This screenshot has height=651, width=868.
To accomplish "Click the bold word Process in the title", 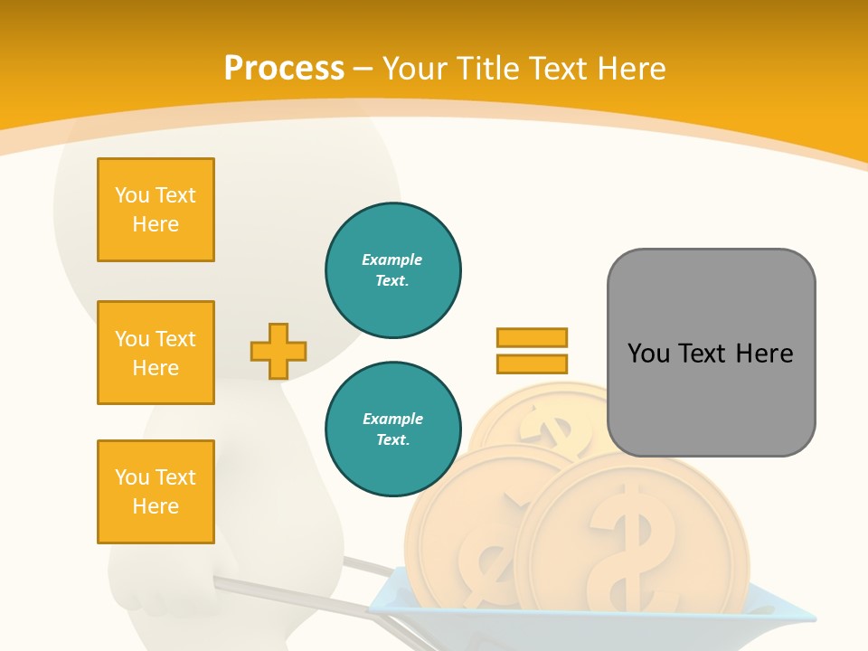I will pyautogui.click(x=284, y=69).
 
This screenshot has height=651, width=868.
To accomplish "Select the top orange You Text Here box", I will pyautogui.click(x=156, y=210).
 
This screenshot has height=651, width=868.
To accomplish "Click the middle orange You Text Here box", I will pyautogui.click(x=156, y=353).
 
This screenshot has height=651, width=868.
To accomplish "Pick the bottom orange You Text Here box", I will pyautogui.click(x=156, y=492).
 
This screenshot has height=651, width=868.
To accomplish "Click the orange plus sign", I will pyautogui.click(x=278, y=351).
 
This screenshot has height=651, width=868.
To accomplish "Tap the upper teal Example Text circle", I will pyautogui.click(x=392, y=270).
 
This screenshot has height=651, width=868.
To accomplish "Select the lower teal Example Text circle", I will pyautogui.click(x=392, y=429).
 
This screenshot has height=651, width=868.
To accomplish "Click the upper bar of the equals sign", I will pyautogui.click(x=532, y=338).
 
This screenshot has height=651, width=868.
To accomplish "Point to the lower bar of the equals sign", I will pyautogui.click(x=532, y=363).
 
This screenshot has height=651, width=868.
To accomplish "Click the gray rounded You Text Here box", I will pyautogui.click(x=711, y=353).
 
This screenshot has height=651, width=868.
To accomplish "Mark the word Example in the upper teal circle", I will pyautogui.click(x=392, y=259).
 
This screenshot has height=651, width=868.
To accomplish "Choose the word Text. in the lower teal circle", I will pyautogui.click(x=392, y=440).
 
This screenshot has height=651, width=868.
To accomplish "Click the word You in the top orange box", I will pyautogui.click(x=132, y=195).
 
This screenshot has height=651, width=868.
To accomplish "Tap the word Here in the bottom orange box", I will pyautogui.click(x=156, y=506).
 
